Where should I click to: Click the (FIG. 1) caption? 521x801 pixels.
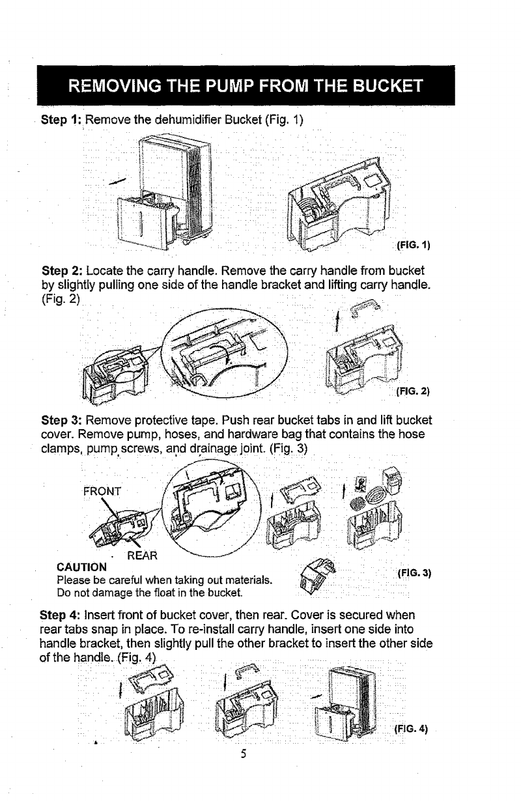click(x=415, y=246)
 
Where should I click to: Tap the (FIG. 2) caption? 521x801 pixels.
click(x=415, y=393)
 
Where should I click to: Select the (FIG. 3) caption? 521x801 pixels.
click(x=415, y=573)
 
